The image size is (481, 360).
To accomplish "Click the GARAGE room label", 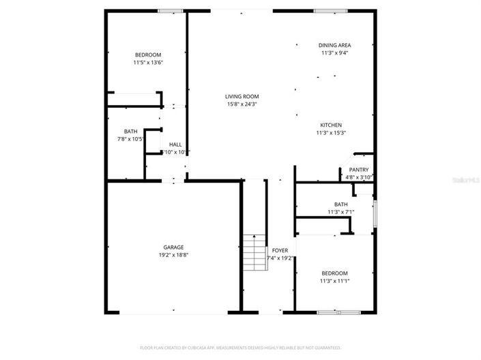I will click(x=173, y=247).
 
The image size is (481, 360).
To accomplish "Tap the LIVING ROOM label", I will click(x=242, y=97).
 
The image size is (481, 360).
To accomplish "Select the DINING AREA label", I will click(x=334, y=46).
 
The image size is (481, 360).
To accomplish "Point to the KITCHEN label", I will click(x=331, y=125).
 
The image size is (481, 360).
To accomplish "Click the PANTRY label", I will click(x=358, y=170).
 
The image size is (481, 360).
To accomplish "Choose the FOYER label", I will click(x=280, y=251).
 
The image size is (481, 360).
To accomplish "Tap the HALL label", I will click(x=175, y=145).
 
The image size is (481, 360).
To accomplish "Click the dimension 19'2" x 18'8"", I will click(x=173, y=255).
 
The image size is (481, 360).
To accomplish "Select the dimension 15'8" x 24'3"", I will click(x=242, y=104).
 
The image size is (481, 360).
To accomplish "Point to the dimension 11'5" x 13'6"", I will click(x=148, y=63).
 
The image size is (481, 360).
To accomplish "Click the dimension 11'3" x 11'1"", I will click(x=334, y=280).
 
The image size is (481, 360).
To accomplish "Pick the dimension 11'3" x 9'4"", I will click(x=334, y=53).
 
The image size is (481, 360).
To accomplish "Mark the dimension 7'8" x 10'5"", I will click(x=130, y=139).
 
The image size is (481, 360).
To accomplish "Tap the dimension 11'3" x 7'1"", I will click(x=340, y=212).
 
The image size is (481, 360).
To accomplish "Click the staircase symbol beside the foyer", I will click(x=254, y=252).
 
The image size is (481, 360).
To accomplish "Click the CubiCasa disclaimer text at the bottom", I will click(x=240, y=348).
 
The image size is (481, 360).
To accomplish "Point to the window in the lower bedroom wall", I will click(x=338, y=312).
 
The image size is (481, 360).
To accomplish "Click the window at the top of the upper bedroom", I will click(x=170, y=10).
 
